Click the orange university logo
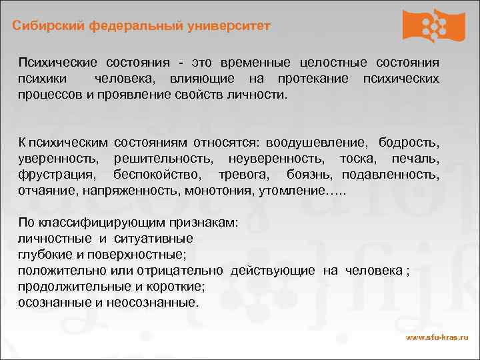coord(433,25)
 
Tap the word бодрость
coord(409,143)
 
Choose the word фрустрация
coord(57,175)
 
